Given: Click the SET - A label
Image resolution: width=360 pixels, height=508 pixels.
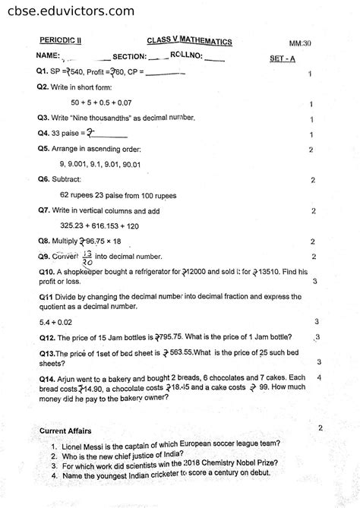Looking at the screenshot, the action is pyautogui.click(x=283, y=58).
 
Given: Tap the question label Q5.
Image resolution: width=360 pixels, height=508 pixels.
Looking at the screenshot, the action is pyautogui.click(x=43, y=149).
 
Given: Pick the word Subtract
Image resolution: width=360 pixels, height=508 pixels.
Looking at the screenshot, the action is pyautogui.click(x=68, y=180).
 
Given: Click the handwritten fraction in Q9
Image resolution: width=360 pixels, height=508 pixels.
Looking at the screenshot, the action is pyautogui.click(x=87, y=256).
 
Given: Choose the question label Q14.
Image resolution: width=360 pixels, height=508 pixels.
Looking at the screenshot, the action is pyautogui.click(x=46, y=378).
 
